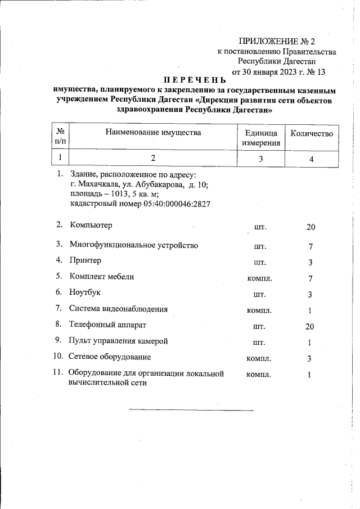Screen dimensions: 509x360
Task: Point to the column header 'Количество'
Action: [311, 133]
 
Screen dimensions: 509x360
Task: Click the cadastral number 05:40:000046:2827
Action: [140, 203]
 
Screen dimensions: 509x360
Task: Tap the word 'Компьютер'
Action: [91, 226]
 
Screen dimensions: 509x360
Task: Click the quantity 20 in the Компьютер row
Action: [310, 227]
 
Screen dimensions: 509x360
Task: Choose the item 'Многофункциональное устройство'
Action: [134, 245]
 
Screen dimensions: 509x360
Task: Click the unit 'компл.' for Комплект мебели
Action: [260, 278]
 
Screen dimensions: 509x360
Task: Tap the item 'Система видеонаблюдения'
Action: [119, 308]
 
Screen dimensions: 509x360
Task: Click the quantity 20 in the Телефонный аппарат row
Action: [309, 327]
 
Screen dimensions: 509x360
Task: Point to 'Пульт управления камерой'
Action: [119, 341]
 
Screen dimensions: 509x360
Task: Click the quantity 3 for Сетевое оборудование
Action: [309, 359]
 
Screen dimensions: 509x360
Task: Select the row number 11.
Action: [57, 372]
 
